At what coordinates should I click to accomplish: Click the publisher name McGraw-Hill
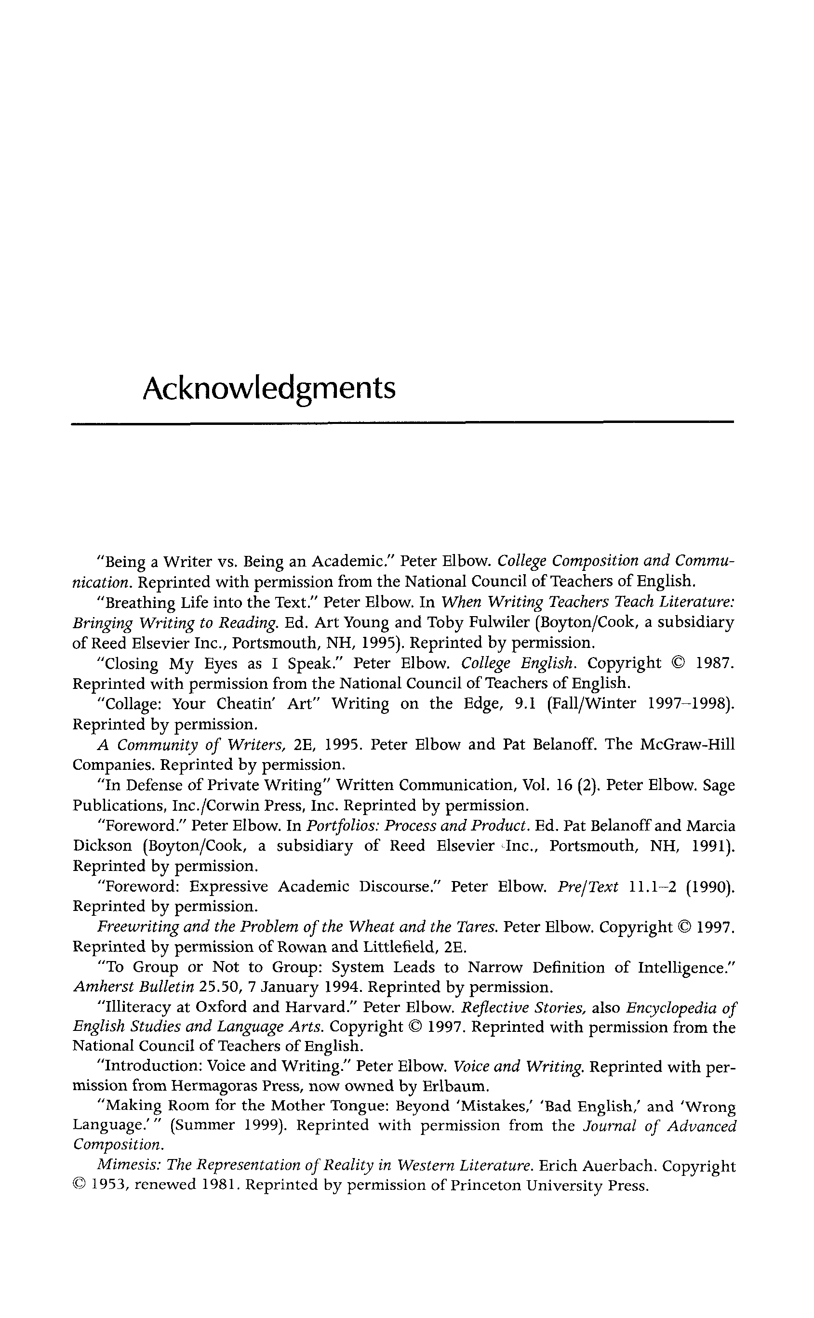pos(687,745)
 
